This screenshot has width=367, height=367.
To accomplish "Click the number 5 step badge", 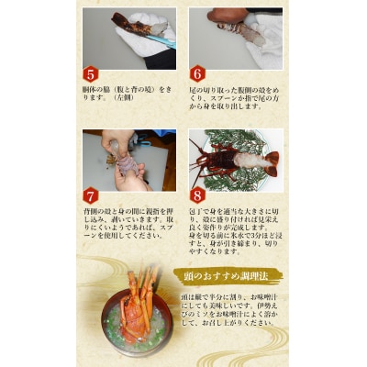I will [x=90, y=74].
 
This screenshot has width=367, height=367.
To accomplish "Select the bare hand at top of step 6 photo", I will [x=220, y=16].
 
